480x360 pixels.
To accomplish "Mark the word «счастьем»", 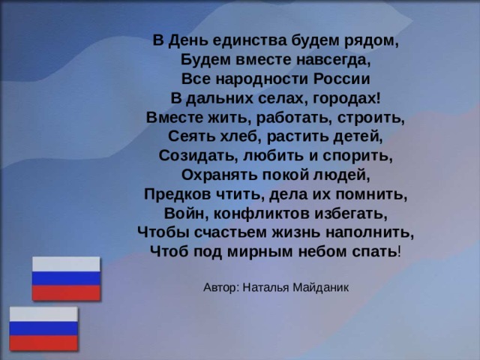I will click(226, 232).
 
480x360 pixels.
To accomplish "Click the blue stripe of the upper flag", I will click(65, 278).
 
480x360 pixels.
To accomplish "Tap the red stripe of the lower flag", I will click(43, 343).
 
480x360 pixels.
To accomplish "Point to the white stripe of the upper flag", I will click(65, 264).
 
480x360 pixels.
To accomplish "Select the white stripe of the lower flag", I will click(43, 314).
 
